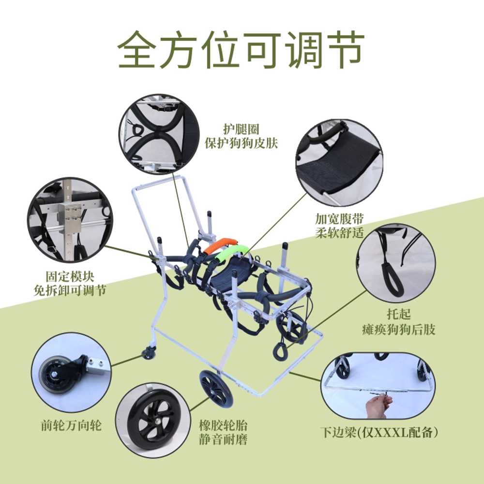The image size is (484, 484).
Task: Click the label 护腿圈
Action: coord(241,129)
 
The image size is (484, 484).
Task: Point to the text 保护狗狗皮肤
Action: coord(241,143)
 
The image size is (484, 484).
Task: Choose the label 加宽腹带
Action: coord(340,219)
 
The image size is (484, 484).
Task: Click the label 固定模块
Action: coord(70,276)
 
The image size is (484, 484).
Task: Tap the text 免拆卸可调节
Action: coord(70,290)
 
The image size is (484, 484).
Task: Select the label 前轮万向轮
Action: coord(71,425)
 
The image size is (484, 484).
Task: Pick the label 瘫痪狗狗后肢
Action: coord(398,330)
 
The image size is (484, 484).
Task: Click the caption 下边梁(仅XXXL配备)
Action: coord(379,432)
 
